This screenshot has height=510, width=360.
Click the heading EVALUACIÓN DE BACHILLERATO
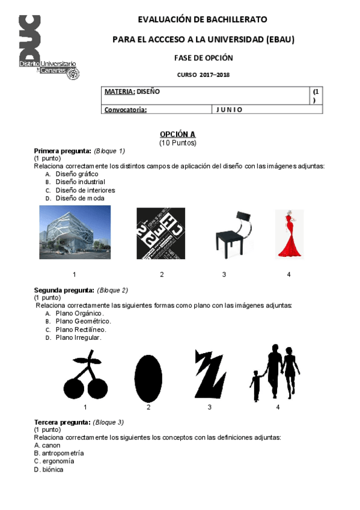click(203, 20)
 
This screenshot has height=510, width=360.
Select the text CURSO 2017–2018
click(203, 75)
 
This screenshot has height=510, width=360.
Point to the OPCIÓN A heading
click(177, 134)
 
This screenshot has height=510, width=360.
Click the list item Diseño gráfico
click(76, 174)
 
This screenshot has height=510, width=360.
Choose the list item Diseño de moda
click(80, 198)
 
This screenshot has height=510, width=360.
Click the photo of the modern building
click(75, 232)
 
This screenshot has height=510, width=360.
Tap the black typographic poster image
click(160, 233)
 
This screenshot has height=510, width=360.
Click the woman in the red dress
click(288, 234)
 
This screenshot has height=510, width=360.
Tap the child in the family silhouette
click(256, 385)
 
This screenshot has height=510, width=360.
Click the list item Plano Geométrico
click(83, 321)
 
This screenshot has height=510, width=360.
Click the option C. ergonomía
click(54, 461)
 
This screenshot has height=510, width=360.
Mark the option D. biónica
click(49, 470)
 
